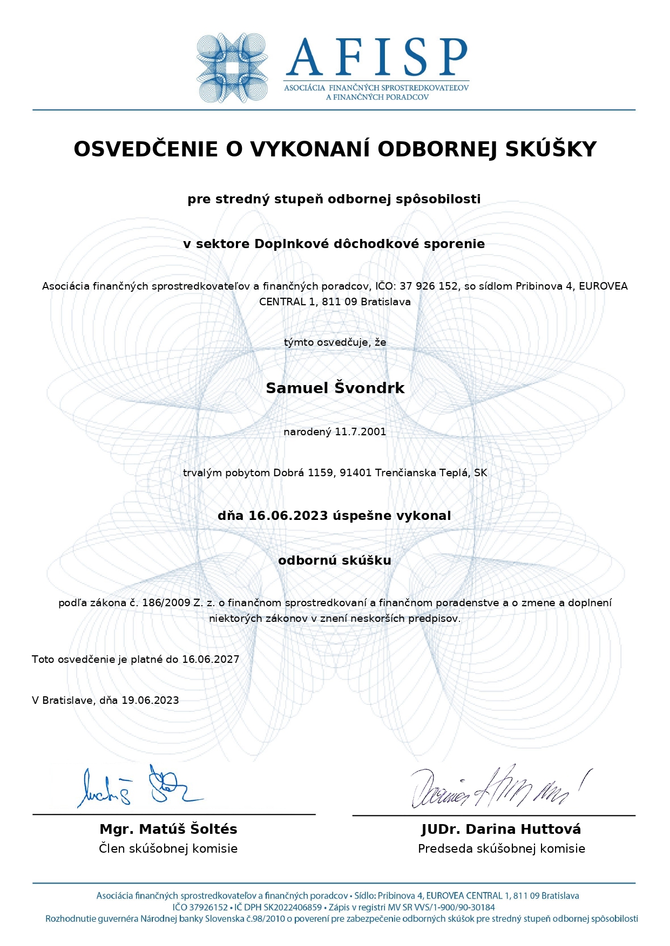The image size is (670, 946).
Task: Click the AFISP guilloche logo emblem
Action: tap(232, 68)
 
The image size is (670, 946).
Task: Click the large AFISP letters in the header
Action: tap(376, 57)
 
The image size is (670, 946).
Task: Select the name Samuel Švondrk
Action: tap(335, 388)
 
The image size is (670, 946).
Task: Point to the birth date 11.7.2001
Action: tap(360, 431)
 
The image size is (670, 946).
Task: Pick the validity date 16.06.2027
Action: tap(211, 659)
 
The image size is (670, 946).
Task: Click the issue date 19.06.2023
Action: tap(150, 700)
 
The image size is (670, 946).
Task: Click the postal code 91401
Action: tap(356, 473)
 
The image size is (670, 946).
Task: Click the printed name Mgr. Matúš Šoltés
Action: tap(168, 829)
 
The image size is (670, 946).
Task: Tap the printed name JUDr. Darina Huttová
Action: tap(501, 829)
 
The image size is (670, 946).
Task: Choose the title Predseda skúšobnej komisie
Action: tap(501, 848)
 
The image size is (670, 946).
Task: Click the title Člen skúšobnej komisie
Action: tap(168, 848)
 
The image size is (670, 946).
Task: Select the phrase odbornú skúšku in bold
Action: tap(335, 560)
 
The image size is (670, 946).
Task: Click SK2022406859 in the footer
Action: tap(292, 907)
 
